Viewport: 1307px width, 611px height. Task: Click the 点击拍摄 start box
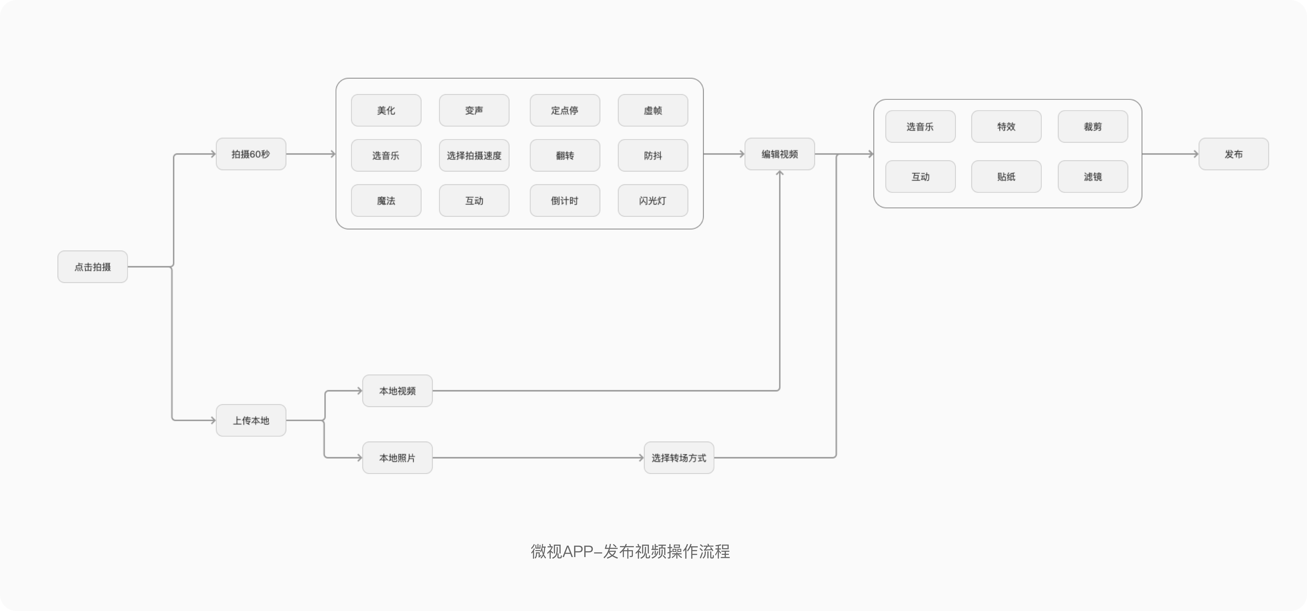point(92,267)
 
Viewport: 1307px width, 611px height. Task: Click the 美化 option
point(386,110)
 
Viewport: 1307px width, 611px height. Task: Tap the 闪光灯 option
point(653,201)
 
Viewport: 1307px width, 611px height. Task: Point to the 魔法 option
point(386,201)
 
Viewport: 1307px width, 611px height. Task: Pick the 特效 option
point(1007,127)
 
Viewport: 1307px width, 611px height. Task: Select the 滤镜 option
point(1093,177)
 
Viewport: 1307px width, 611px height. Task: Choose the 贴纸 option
point(1007,177)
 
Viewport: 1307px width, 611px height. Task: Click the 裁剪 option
point(1093,127)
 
